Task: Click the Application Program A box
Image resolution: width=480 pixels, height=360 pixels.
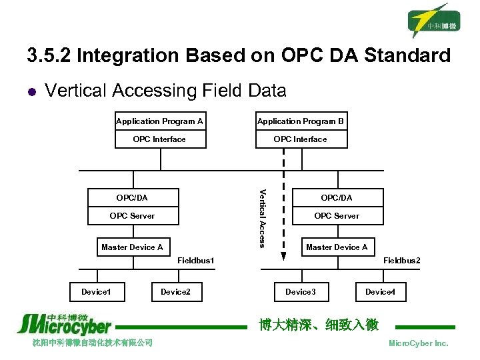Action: point(159,121)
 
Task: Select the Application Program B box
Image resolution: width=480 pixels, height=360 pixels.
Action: point(301,121)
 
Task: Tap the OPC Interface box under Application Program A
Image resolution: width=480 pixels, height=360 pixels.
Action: point(159,139)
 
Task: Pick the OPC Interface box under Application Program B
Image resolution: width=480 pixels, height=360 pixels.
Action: point(301,139)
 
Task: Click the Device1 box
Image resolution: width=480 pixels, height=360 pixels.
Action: point(97,292)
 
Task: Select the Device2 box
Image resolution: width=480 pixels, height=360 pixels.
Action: point(175,292)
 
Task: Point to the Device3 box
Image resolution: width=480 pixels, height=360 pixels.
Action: point(301,292)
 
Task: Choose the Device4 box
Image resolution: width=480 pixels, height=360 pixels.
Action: point(380,292)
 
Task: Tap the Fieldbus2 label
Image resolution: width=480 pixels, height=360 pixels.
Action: point(402,261)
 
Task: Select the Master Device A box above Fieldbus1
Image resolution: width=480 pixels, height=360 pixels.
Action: point(132,247)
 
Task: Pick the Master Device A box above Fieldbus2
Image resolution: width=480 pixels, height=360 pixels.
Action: point(337,247)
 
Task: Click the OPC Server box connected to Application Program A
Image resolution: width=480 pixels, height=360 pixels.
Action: point(132,215)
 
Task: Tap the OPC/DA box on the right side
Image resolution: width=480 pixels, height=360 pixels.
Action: point(337,197)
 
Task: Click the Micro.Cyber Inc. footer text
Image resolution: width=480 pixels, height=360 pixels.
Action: point(419,343)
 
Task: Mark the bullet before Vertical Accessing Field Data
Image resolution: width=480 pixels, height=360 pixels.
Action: point(31,91)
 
